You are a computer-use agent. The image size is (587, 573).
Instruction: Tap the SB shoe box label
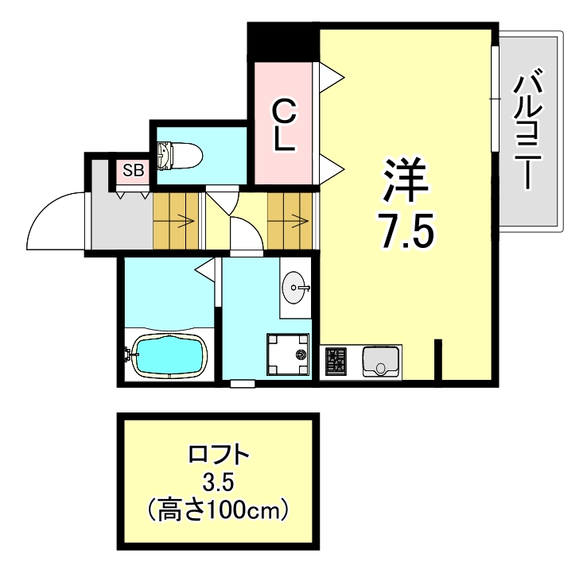coord(132,169)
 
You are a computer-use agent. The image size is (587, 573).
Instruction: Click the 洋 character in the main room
coord(406,180)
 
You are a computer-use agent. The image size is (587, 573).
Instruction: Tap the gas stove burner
coord(336,362)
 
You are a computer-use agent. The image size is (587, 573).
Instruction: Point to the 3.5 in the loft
coord(219,482)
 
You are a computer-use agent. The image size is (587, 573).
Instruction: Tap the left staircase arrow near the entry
coord(182,220)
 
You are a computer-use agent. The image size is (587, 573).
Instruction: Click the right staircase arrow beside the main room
coord(298,220)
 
